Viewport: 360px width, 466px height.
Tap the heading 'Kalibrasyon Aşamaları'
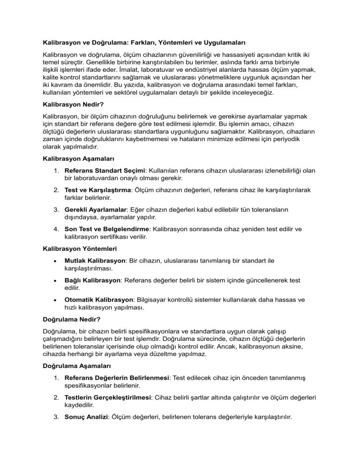coord(75,158)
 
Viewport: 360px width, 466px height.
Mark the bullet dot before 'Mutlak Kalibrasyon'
coord(56,261)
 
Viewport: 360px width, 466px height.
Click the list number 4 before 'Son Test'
coord(55,229)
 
